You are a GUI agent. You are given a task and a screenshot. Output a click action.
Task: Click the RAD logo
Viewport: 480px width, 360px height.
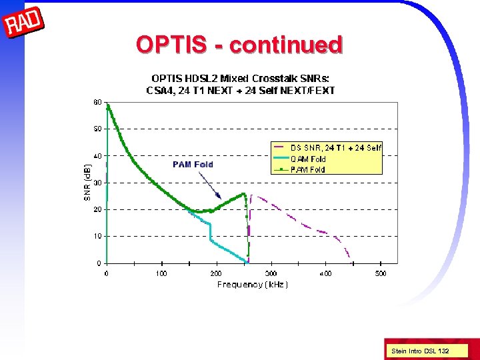click(23, 23)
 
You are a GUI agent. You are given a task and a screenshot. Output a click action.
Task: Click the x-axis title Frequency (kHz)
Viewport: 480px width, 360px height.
click(252, 285)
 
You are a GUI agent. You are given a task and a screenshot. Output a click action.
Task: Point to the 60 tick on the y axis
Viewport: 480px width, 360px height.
click(97, 103)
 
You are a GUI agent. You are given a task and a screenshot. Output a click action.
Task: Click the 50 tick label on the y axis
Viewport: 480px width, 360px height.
click(97, 129)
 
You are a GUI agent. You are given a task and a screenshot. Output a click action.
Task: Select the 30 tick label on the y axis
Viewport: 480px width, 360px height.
click(97, 183)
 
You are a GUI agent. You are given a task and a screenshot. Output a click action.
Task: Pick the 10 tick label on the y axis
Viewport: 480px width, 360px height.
click(97, 236)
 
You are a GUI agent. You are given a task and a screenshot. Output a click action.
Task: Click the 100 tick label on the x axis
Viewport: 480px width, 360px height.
click(161, 273)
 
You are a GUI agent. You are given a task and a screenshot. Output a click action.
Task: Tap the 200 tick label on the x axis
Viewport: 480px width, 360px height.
click(216, 273)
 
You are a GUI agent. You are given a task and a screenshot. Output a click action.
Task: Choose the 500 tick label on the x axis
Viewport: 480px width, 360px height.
click(380, 273)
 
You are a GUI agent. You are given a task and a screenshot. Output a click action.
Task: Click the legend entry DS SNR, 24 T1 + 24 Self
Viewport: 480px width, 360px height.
click(335, 148)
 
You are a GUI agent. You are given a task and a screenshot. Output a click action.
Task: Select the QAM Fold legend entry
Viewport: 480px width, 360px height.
click(308, 159)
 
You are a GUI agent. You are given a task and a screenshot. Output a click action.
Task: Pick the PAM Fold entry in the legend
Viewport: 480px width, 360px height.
click(308, 169)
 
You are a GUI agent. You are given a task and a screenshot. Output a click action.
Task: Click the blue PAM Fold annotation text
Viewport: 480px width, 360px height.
click(193, 164)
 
